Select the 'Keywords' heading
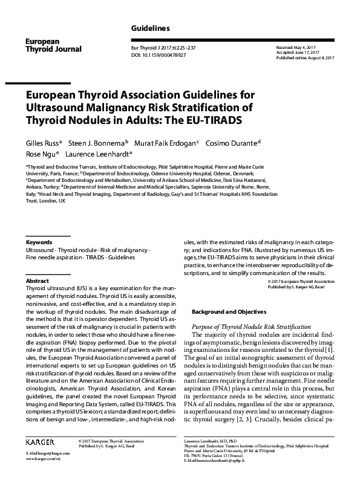pos(39,242)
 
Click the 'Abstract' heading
pos(37,282)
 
